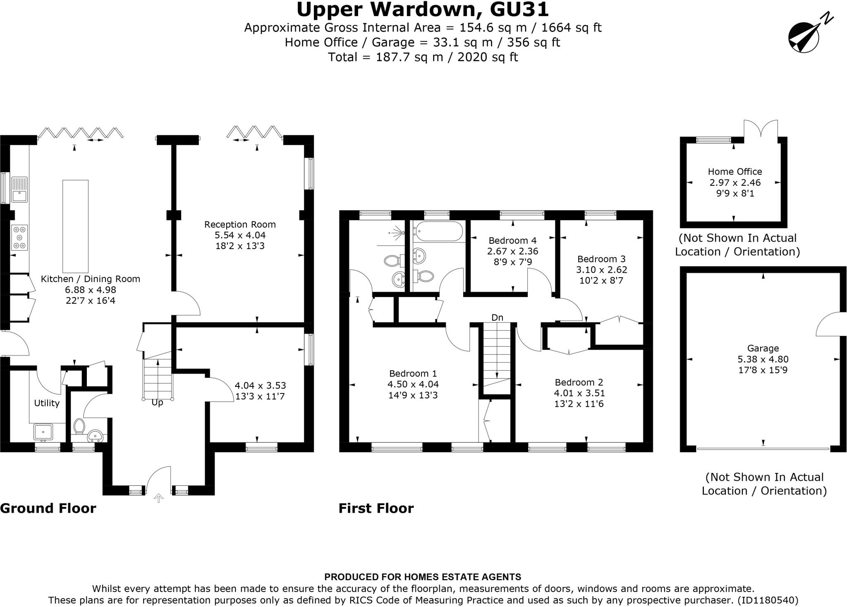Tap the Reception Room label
pyautogui.click(x=240, y=225)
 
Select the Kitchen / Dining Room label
pyautogui.click(x=91, y=279)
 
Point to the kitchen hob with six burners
pyautogui.click(x=19, y=238)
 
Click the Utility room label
pyautogui.click(x=47, y=403)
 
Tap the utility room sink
pyautogui.click(x=43, y=432)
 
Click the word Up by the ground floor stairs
pyautogui.click(x=157, y=402)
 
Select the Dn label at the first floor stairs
pyautogui.click(x=497, y=317)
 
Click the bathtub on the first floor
pyautogui.click(x=438, y=231)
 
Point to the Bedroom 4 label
pyautogui.click(x=512, y=240)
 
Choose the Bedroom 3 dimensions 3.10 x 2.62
pyautogui.click(x=601, y=270)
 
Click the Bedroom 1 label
pyautogui.click(x=413, y=374)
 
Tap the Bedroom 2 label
pyautogui.click(x=579, y=382)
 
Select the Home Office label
pyautogui.click(x=735, y=172)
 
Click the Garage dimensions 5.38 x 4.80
pyautogui.click(x=763, y=359)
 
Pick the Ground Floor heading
pyautogui.click(x=48, y=508)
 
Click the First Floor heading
pyautogui.click(x=376, y=508)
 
